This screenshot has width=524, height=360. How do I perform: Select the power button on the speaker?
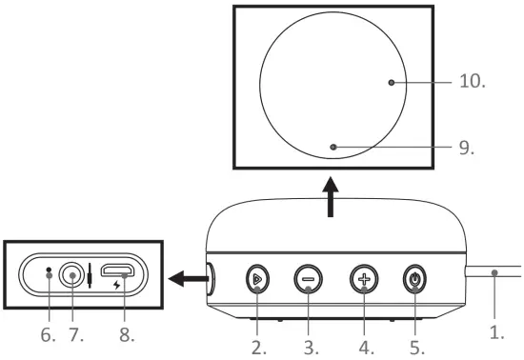415,279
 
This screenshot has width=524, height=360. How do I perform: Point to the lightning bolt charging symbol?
117,286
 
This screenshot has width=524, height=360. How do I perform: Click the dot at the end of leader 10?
392,83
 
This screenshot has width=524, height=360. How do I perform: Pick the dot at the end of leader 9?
333,147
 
